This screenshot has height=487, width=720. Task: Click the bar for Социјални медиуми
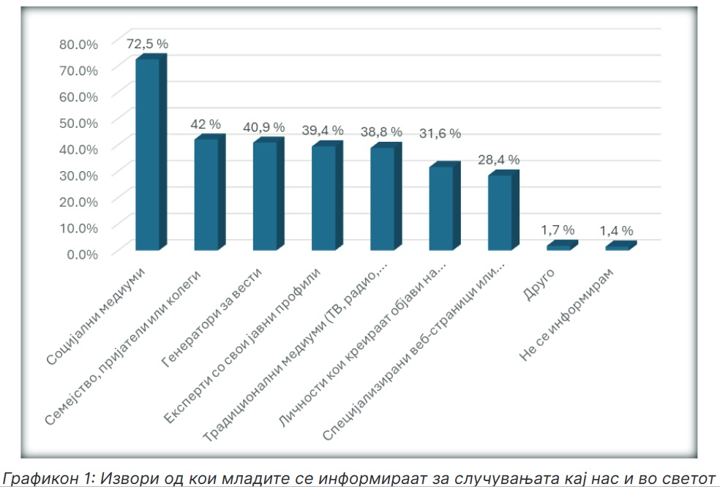tap(147, 154)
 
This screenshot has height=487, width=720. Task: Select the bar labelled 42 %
tap(206, 194)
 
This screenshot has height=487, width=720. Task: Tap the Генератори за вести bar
tap(264, 195)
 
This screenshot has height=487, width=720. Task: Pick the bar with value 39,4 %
tap(323, 197)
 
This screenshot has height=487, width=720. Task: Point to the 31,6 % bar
tap(440, 208)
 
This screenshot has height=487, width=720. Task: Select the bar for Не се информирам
tap(617, 247)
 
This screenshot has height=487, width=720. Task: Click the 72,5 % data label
tap(147, 45)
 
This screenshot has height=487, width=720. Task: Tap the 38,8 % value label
tap(381, 132)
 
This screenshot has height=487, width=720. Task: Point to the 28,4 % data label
tap(499, 159)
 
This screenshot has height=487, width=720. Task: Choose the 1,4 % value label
tap(617, 230)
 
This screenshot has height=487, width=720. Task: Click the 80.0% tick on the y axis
tap(78, 44)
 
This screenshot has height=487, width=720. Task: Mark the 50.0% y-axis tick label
tap(78, 122)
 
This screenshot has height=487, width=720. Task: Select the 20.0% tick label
tap(78, 200)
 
